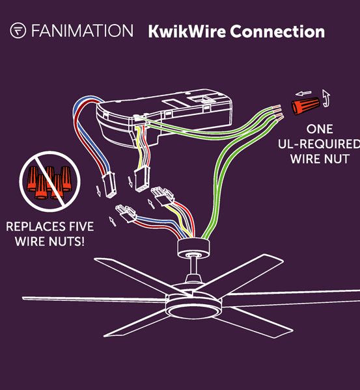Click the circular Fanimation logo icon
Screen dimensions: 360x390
tap(18, 31)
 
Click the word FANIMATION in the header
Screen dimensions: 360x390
tap(82, 31)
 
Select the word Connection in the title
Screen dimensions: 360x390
tap(277, 32)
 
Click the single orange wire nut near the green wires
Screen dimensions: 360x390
tap(306, 105)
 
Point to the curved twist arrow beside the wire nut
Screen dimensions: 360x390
tap(326, 98)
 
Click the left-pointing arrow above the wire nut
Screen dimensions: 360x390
tap(303, 94)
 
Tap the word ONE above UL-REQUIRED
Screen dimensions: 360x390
tap(320, 129)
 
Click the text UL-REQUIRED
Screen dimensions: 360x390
tap(319, 144)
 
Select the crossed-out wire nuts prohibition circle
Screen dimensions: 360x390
tap(50, 181)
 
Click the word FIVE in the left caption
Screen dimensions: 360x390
tap(81, 227)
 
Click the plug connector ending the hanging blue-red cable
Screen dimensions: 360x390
tap(109, 185)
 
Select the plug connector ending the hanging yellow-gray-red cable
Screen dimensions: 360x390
tap(142, 179)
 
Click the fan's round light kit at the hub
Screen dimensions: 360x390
tap(193, 306)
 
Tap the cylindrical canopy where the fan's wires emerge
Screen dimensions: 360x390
tap(193, 248)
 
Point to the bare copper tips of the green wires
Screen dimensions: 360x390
tap(278, 113)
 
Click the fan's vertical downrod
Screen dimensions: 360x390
tap(193, 266)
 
